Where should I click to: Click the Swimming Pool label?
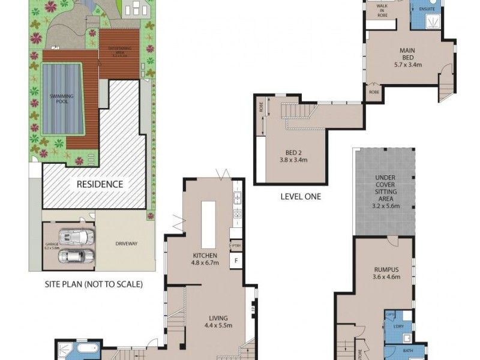pos(58,98)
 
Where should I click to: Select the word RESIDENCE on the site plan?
pos(100,184)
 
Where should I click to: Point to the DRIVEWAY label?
pos(126,244)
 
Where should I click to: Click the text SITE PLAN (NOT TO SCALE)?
pos(94,284)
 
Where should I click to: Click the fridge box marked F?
pos(236,260)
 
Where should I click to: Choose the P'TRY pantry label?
pos(236,246)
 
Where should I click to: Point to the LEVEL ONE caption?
pos(301,196)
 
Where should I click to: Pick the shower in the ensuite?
pos(430,22)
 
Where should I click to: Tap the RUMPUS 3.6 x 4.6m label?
pos(386,274)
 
